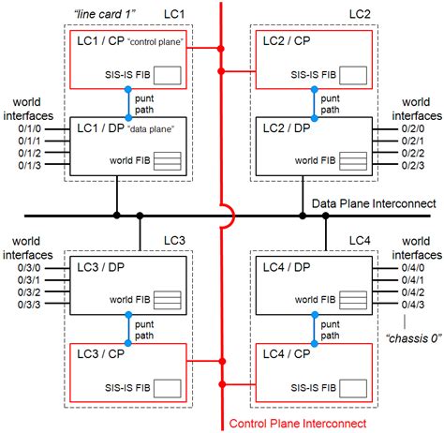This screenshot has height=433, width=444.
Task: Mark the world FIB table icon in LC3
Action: click(168, 300)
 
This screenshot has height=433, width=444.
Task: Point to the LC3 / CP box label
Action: click(100, 356)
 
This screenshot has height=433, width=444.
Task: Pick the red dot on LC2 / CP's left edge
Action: click(256, 67)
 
